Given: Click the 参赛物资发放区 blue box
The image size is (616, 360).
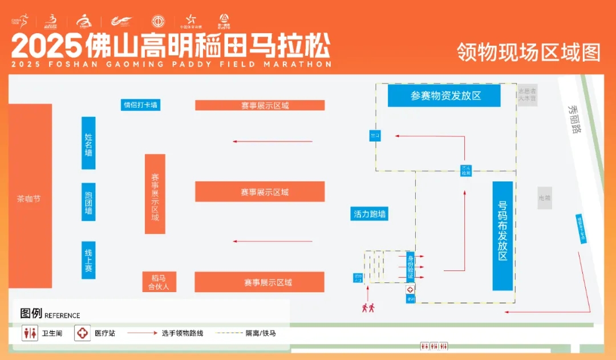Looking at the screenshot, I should click(444, 95).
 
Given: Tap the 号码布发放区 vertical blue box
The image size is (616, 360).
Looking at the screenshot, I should click(502, 236).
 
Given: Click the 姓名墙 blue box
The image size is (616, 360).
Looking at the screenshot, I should click(88, 143).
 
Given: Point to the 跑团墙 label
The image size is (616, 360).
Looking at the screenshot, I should click(88, 201).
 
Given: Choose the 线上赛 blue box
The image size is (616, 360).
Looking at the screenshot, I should click(88, 260).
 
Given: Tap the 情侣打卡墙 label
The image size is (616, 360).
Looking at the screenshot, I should click(140, 105).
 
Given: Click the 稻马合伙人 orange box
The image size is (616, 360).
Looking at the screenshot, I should click(159, 282).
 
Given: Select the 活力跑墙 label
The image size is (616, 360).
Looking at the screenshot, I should click(370, 215).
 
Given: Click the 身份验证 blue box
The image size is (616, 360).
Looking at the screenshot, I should click(410, 267).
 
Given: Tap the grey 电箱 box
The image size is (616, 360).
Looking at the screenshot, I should click(545, 198).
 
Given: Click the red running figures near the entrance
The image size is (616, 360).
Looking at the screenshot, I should click(368, 308).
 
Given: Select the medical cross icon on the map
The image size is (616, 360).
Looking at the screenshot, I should click(410, 290).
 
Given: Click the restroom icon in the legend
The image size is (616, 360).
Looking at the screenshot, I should click(30, 333).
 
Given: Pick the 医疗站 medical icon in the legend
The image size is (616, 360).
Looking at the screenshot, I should click(82, 333).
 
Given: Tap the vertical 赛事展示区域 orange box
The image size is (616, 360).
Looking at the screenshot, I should click(155, 194).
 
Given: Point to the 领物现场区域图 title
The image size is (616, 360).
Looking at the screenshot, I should click(528, 52).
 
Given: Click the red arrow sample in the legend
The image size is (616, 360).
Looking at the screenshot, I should click(141, 333).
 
